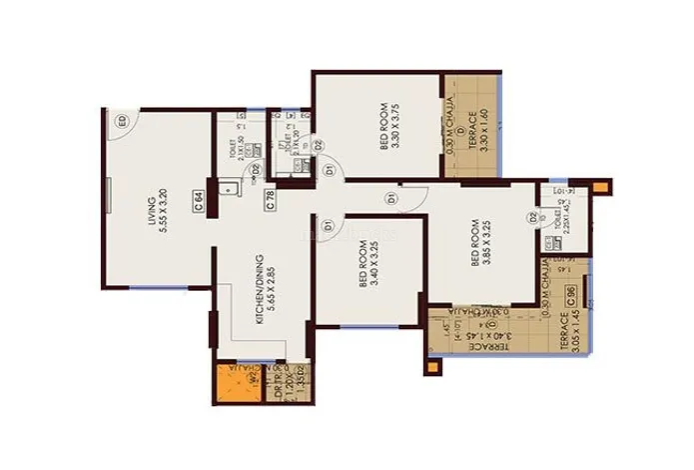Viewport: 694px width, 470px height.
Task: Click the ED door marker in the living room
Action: pyautogui.click(x=123, y=122)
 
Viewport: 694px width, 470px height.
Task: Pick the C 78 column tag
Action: pyautogui.click(x=271, y=200)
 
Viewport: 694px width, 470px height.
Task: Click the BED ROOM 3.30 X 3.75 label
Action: pyautogui.click(x=389, y=129)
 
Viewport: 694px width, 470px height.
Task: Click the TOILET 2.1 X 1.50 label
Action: pyautogui.click(x=240, y=151)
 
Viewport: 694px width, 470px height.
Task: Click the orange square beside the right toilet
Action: pyautogui.click(x=600, y=187)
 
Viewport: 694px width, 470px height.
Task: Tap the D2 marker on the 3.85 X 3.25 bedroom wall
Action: pyautogui.click(x=531, y=216)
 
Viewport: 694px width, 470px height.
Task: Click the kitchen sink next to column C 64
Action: pyautogui.click(x=229, y=187)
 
